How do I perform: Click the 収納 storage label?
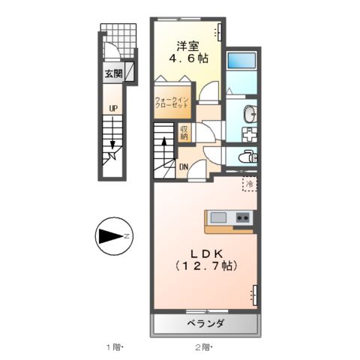[x=184, y=133]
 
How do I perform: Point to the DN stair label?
[x=183, y=166]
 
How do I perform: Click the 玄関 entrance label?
[x=113, y=73]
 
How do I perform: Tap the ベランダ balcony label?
[x=205, y=324]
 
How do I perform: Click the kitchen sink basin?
[x=218, y=217]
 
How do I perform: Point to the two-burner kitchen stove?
[x=243, y=217]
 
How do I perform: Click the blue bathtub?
[x=241, y=61]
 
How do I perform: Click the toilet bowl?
[x=246, y=157]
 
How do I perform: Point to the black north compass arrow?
[x=113, y=237]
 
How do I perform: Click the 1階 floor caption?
[x=113, y=347]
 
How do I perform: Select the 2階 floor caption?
[x=203, y=347]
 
